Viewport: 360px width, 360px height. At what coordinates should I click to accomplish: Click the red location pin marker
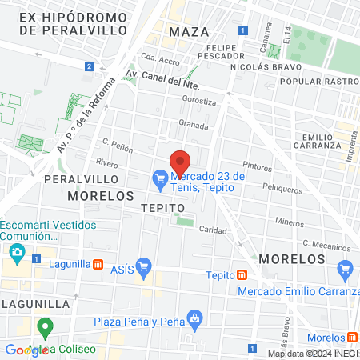(x=180, y=160)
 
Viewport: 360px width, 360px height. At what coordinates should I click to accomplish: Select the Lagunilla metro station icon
(x=98, y=264)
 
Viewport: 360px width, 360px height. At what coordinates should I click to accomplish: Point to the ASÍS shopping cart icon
(x=144, y=266)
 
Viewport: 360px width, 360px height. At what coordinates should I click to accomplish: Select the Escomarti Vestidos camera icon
(x=17, y=253)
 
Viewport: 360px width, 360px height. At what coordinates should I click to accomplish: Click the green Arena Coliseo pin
(x=46, y=328)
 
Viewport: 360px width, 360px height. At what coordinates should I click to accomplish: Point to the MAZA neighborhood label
(x=189, y=32)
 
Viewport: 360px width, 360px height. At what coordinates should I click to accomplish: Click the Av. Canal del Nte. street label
(x=161, y=81)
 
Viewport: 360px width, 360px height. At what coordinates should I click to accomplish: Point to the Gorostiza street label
(x=199, y=102)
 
